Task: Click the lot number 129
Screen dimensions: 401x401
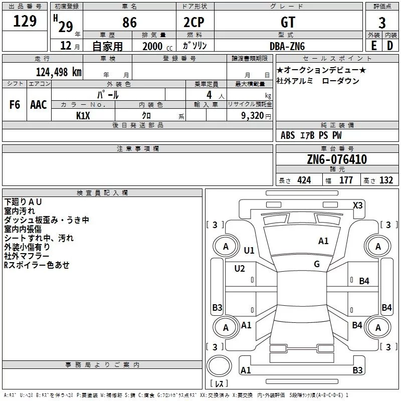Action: pyautogui.click(x=25, y=21)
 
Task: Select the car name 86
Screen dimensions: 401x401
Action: pyautogui.click(x=129, y=22)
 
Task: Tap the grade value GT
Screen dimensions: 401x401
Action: pyautogui.click(x=288, y=22)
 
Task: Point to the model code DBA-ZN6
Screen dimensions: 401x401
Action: pyautogui.click(x=286, y=46)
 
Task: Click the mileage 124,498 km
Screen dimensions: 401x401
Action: pyautogui.click(x=58, y=72)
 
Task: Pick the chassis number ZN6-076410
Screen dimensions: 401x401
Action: pyautogui.click(x=337, y=159)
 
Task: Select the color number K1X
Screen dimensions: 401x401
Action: pyautogui.click(x=83, y=115)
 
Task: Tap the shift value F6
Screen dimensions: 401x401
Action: pyautogui.click(x=15, y=105)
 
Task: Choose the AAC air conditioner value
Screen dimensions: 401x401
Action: pyautogui.click(x=39, y=105)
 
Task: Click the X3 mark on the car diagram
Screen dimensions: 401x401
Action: pyautogui.click(x=358, y=205)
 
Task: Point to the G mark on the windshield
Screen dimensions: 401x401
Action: pyautogui.click(x=317, y=264)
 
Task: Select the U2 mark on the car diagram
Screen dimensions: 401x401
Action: pyautogui.click(x=240, y=269)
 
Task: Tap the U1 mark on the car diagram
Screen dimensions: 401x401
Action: pyautogui.click(x=249, y=250)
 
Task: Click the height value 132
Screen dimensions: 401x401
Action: pyautogui.click(x=386, y=180)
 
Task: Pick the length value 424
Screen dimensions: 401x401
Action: pyautogui.click(x=304, y=180)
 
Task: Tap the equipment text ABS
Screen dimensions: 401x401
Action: pyautogui.click(x=288, y=135)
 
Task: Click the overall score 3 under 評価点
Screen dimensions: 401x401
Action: pyautogui.click(x=382, y=22)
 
